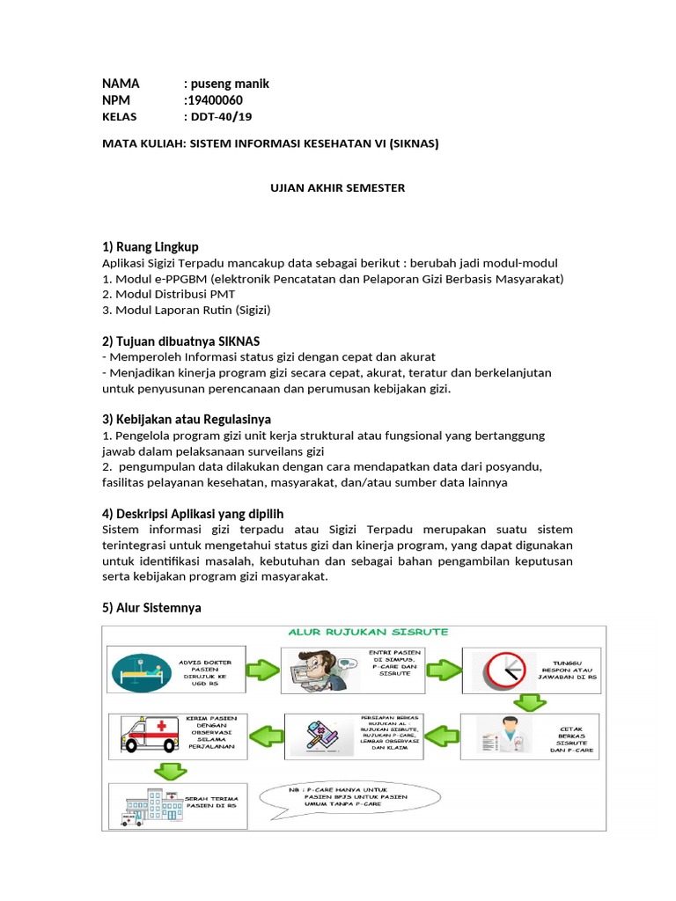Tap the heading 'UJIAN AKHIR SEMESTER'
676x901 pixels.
coord(337,188)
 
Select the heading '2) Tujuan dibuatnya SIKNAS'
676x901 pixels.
coord(181,341)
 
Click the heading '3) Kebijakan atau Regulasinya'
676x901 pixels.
coord(187,419)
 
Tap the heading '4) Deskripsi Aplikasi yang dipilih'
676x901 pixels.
coord(194,513)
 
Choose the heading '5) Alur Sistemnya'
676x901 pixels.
coord(151,607)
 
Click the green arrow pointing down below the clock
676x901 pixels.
coord(530,702)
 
